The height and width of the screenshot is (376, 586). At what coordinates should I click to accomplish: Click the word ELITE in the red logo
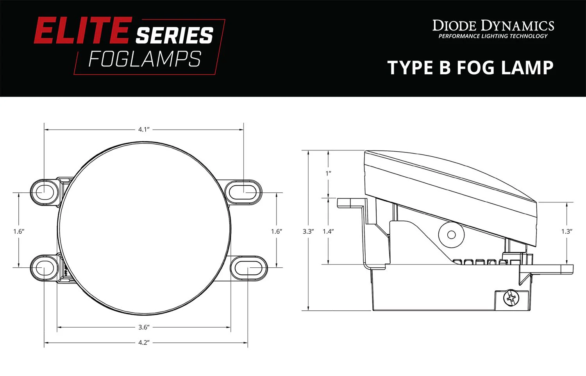point(81,31)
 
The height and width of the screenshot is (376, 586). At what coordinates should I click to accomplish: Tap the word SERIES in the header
point(174,36)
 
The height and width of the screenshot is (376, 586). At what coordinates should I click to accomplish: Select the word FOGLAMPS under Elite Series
point(145,59)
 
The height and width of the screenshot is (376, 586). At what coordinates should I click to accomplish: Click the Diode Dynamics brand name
point(493,26)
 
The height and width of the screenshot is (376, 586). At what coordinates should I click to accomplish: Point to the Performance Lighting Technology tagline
point(493,36)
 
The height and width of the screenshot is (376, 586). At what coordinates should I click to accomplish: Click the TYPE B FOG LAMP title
point(470,68)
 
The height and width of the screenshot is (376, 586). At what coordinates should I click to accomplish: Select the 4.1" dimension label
point(144,129)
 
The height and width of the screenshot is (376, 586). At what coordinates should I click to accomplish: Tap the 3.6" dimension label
point(144,327)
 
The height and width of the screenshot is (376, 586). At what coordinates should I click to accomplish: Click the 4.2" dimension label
point(144,343)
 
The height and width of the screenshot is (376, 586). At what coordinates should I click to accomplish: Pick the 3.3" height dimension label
point(308,231)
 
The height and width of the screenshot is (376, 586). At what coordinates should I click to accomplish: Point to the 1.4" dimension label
point(328,231)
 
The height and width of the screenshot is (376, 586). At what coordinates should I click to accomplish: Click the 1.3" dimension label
point(567,231)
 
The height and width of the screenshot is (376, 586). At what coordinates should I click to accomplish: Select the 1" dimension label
point(328,173)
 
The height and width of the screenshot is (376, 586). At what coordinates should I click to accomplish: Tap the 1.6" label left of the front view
point(19,231)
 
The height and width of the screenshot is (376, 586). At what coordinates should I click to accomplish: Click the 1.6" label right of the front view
point(277,231)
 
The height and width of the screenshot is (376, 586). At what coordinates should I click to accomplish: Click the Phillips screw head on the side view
point(511,299)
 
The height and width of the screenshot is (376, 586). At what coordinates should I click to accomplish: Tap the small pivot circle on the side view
point(451,235)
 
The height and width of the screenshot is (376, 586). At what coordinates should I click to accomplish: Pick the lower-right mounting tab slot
point(248,268)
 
